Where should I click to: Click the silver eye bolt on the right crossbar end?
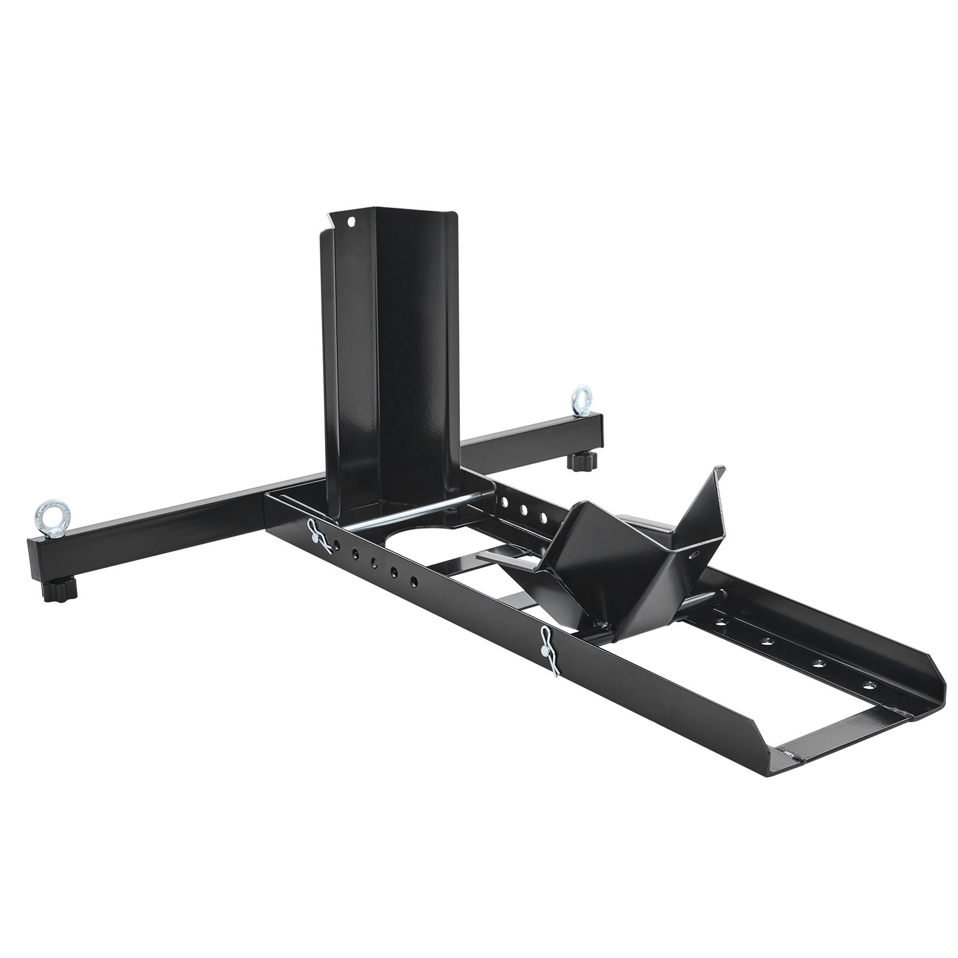[580, 399]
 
